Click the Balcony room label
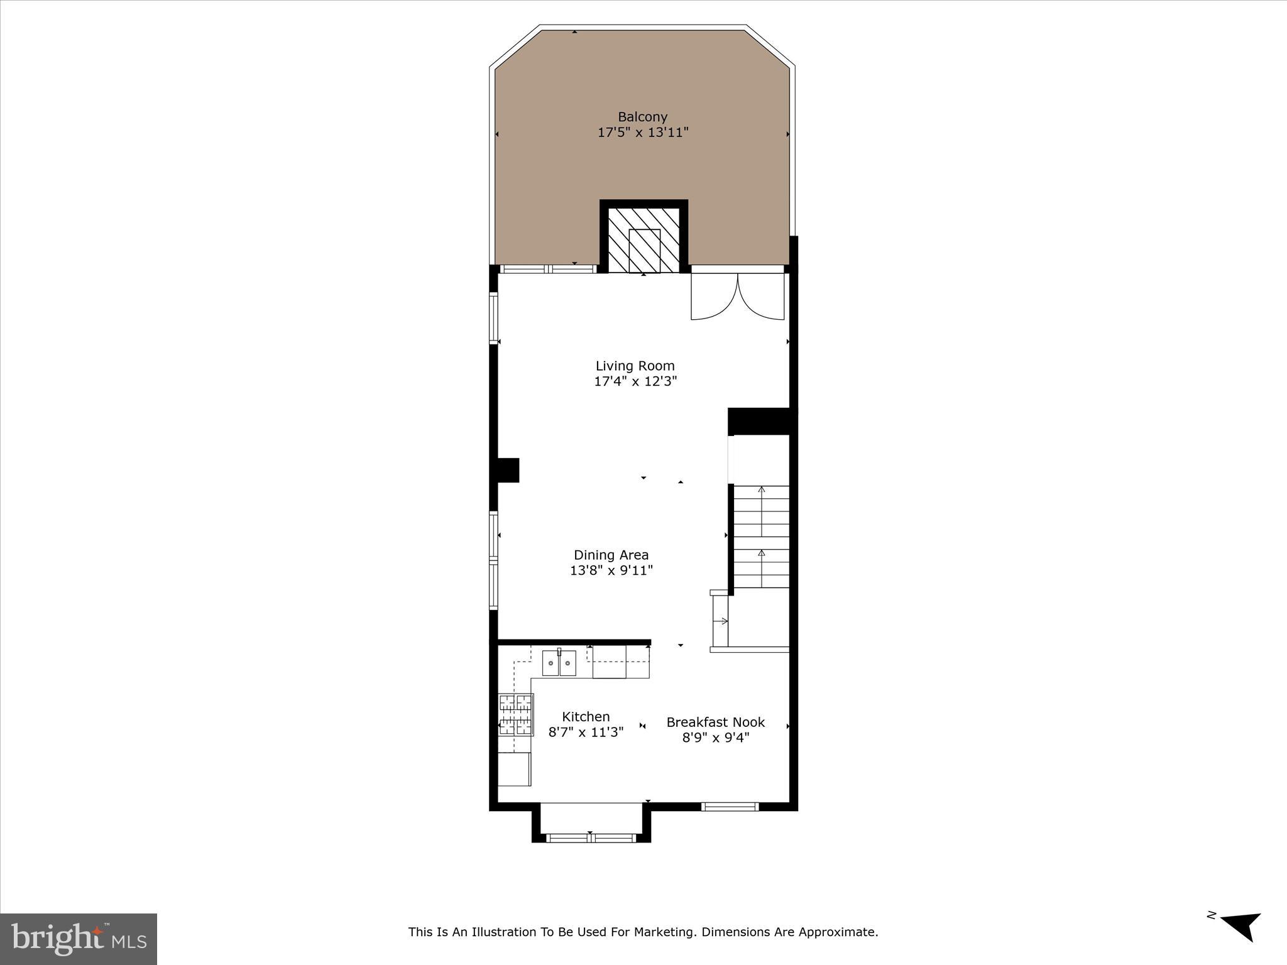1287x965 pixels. tap(642, 117)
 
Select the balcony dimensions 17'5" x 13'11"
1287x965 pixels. tap(642, 133)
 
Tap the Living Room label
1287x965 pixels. tap(635, 366)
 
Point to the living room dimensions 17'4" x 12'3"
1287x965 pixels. tap(635, 381)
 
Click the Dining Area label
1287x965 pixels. tap(611, 555)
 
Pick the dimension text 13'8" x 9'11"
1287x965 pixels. tap(611, 570)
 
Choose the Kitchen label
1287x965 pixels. tap(586, 717)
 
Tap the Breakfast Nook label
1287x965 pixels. tap(715, 722)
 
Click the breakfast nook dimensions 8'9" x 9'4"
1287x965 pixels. tap(715, 738)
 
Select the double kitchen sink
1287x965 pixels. tap(559, 663)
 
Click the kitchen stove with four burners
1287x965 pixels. tap(515, 714)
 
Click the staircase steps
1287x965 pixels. tap(761, 537)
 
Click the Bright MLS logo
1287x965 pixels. tap(79, 939)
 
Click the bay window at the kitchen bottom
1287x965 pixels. tap(591, 837)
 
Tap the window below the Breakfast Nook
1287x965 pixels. tap(730, 807)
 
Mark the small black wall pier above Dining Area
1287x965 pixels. tap(508, 470)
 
